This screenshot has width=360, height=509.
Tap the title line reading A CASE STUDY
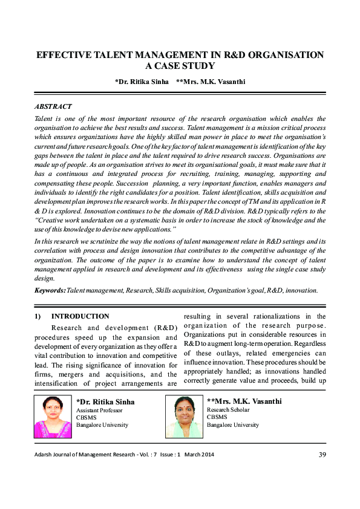[180, 66]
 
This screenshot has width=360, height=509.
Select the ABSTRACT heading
[54, 106]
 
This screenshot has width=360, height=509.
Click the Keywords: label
[50, 290]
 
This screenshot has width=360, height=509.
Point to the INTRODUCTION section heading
[80, 316]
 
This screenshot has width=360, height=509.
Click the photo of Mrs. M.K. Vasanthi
[184, 417]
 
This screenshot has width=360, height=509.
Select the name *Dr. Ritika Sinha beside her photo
[105, 401]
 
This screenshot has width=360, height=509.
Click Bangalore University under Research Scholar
[233, 425]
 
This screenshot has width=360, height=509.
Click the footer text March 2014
[199, 455]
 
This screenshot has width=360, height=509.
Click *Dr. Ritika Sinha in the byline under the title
[140, 81]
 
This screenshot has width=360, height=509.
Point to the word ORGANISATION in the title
[283, 55]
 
